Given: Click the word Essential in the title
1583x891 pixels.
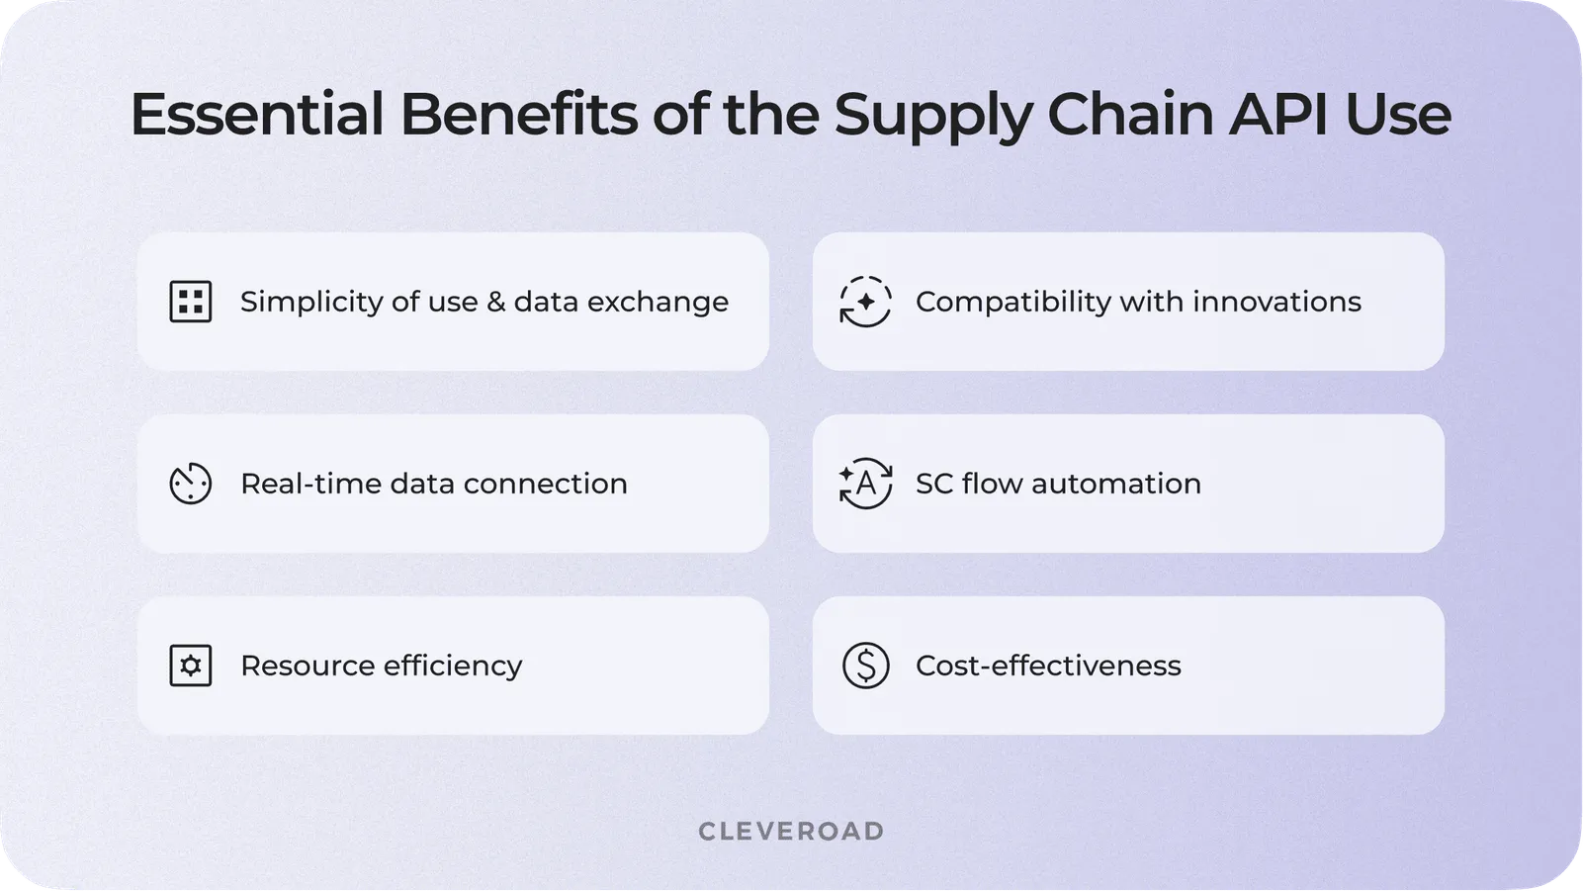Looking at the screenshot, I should [256, 114].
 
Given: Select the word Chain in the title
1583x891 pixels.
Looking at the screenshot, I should [1129, 114].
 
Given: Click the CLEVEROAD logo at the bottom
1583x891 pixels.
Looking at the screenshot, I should [791, 832].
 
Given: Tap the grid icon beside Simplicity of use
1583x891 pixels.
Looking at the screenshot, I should [191, 302].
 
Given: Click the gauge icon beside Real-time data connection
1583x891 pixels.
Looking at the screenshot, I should [191, 484].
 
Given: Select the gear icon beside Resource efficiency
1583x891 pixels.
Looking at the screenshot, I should [191, 666].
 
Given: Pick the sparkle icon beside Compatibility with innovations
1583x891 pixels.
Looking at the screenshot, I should [865, 302].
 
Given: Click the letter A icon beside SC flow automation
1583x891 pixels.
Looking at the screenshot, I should [865, 484].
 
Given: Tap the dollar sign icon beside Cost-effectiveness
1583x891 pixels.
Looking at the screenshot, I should [865, 666].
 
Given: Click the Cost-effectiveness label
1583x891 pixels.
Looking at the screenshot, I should [1048, 666].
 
